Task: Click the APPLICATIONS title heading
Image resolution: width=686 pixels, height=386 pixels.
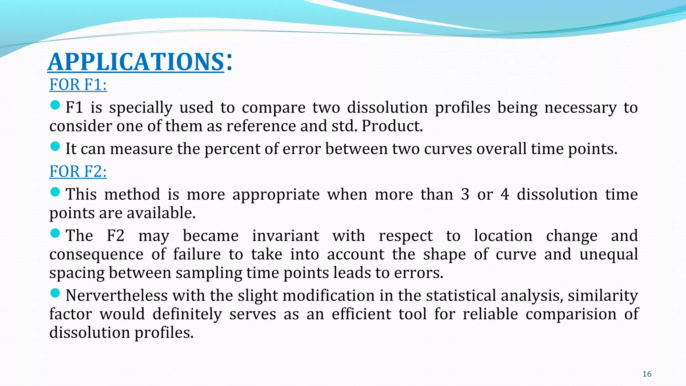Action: [136, 62]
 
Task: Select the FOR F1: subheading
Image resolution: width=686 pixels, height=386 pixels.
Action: [78, 84]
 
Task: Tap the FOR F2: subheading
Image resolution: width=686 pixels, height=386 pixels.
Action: [78, 171]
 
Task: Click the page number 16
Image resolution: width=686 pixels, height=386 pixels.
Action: [647, 374]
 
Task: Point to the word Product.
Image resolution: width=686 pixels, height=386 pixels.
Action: [392, 126]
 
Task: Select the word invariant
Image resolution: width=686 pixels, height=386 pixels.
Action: [285, 236]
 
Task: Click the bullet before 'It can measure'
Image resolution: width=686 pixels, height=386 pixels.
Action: [55, 146]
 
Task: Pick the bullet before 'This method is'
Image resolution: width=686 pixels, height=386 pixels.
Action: [55, 192]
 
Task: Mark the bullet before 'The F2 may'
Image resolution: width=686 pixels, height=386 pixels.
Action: [55, 233]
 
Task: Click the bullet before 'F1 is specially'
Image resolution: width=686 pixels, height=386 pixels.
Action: [55, 105]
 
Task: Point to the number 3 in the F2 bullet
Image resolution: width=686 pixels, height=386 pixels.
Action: [465, 195]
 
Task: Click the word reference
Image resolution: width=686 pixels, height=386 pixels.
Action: [261, 126]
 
